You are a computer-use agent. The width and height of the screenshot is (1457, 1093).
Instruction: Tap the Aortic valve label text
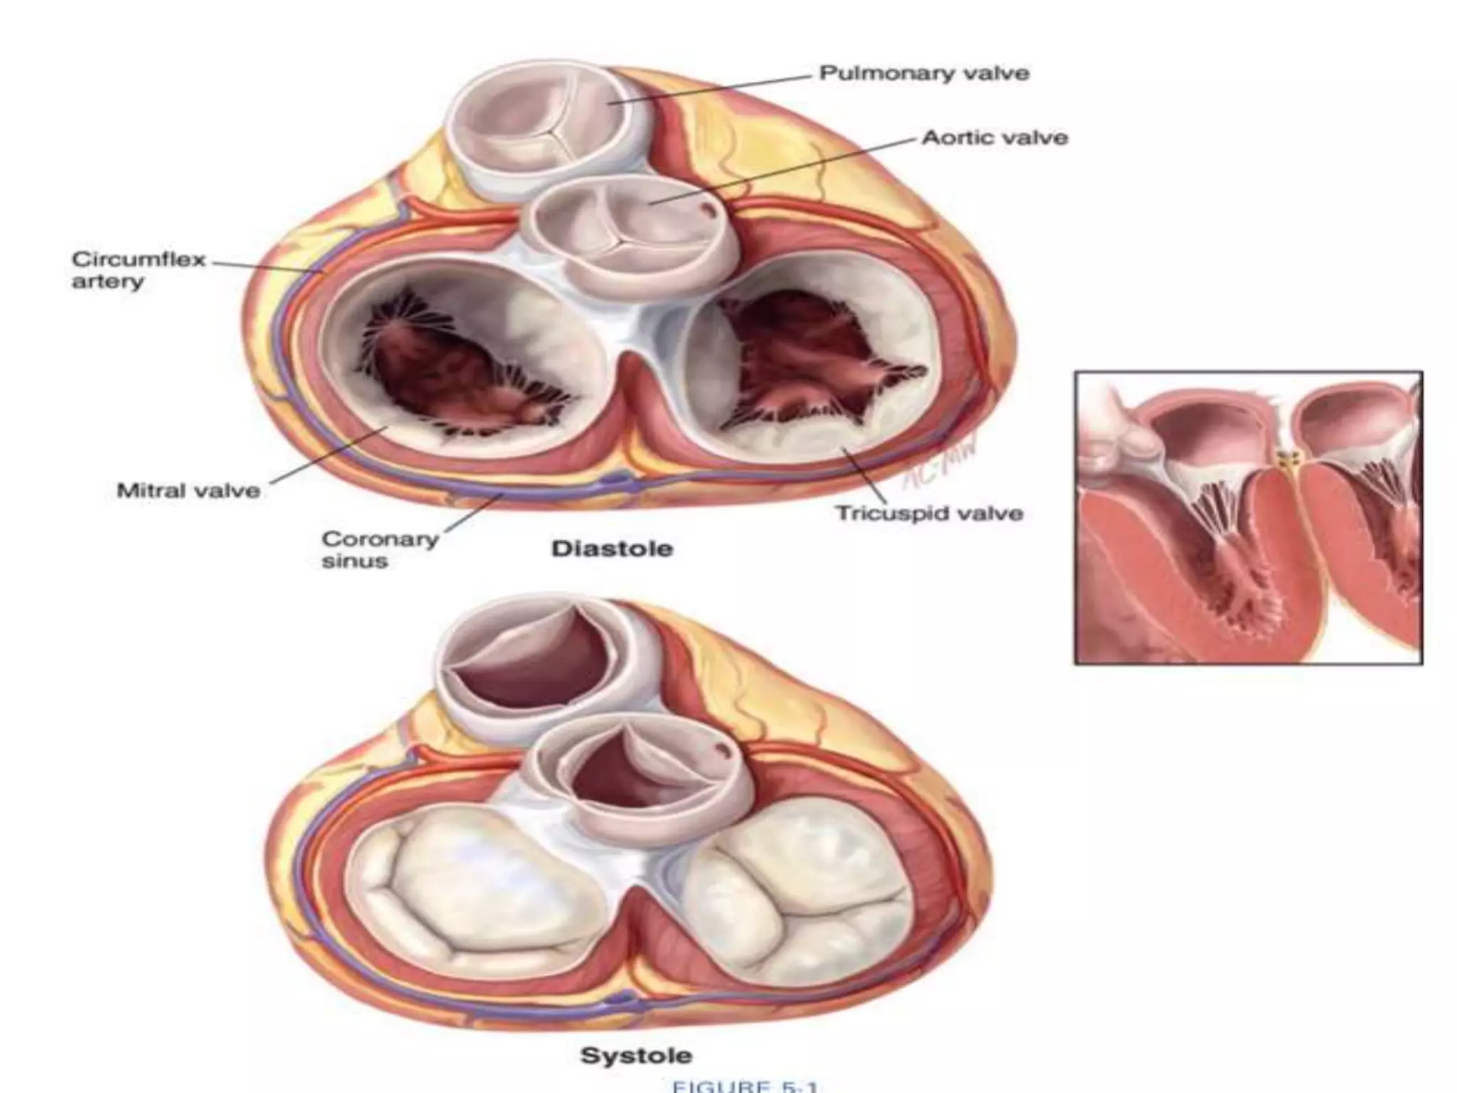pos(995,137)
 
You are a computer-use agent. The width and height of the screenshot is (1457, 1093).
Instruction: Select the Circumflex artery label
pos(139,270)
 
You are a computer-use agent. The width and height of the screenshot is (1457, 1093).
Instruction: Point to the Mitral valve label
pos(189,490)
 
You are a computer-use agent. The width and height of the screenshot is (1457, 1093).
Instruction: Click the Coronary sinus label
pos(379,549)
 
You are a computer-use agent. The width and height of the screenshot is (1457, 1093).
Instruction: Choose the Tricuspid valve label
pos(929,513)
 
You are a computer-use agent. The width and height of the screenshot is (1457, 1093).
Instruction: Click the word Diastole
pos(612,549)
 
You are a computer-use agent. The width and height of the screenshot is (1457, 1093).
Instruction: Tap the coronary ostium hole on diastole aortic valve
pos(707,209)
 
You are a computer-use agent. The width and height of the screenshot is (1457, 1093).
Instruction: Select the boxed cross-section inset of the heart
pos(1248,518)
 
